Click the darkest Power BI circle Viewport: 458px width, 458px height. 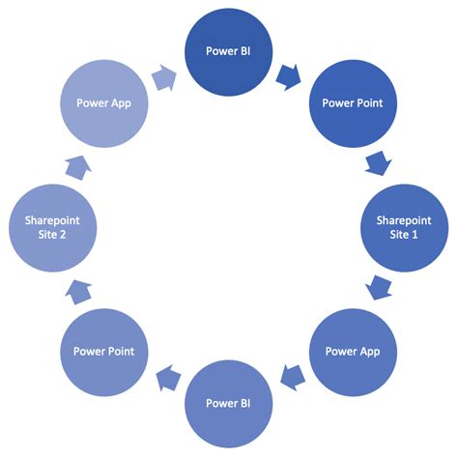[x=230, y=51]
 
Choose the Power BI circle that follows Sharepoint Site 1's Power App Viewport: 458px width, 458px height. [x=230, y=401]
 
